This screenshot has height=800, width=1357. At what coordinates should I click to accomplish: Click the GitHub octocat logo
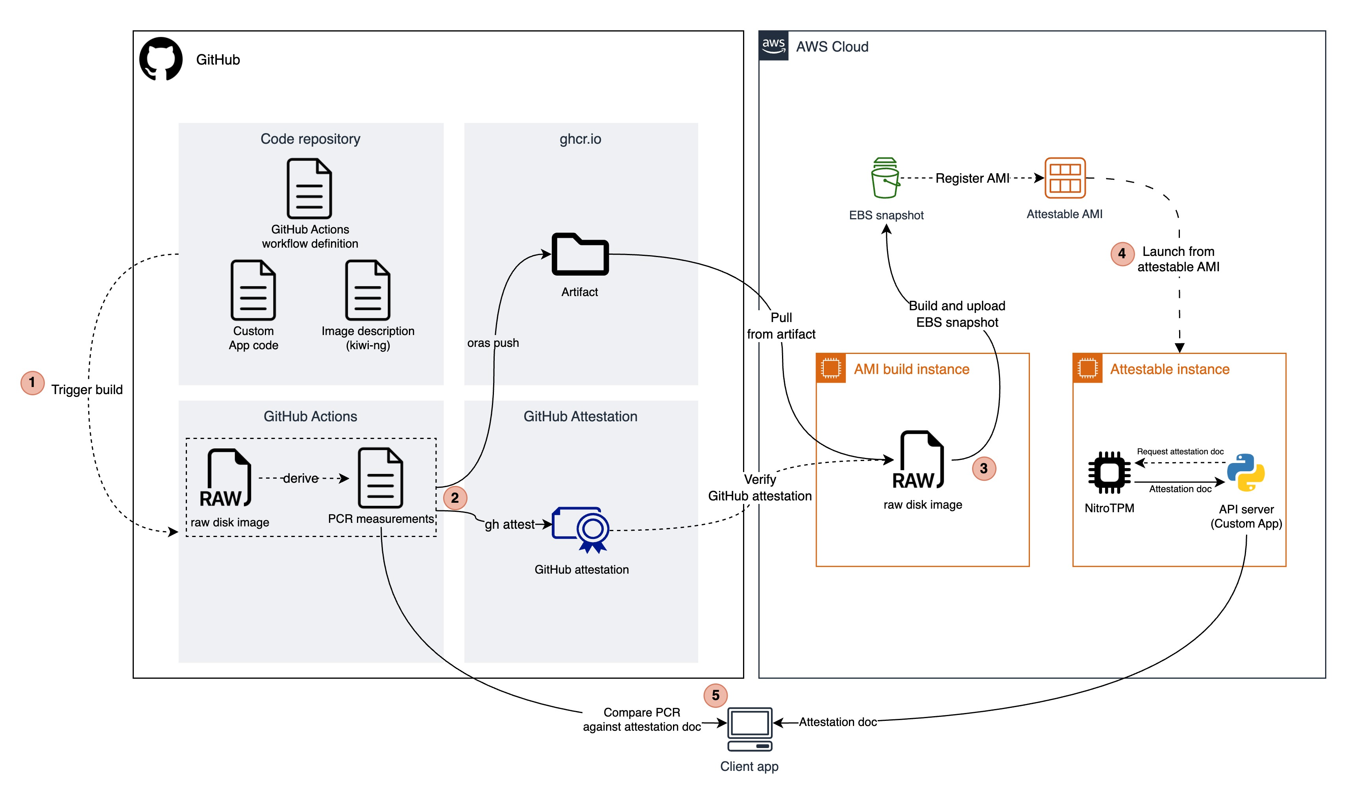click(x=161, y=59)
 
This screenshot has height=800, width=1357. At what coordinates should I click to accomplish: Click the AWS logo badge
click(x=773, y=46)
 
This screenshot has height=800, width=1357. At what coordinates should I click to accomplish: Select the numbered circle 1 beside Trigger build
click(x=32, y=383)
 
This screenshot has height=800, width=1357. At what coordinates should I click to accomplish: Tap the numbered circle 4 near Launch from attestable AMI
click(x=1122, y=254)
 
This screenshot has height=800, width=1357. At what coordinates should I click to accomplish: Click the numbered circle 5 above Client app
click(x=715, y=695)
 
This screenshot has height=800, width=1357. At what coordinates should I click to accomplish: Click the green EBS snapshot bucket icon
click(x=884, y=178)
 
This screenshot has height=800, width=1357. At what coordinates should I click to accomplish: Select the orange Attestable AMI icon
click(x=1064, y=178)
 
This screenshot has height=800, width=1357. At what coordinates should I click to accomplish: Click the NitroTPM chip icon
click(x=1109, y=472)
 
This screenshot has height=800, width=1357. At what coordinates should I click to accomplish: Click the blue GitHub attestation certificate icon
click(x=581, y=530)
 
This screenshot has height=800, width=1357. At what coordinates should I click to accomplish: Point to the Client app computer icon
click(x=749, y=729)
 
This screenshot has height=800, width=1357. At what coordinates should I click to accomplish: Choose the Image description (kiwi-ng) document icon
click(x=368, y=290)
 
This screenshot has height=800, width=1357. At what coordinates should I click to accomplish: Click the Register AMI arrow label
click(x=972, y=178)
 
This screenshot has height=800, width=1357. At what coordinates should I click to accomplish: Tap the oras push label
click(x=493, y=343)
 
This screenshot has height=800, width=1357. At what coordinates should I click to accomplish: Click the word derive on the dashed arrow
click(x=301, y=478)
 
